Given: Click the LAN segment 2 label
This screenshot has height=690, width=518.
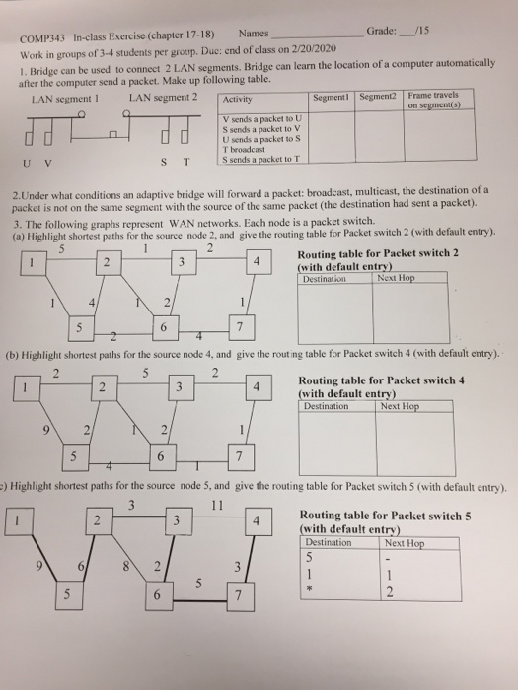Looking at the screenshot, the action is (x=163, y=98).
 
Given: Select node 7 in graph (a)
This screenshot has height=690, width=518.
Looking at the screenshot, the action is (x=237, y=325).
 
